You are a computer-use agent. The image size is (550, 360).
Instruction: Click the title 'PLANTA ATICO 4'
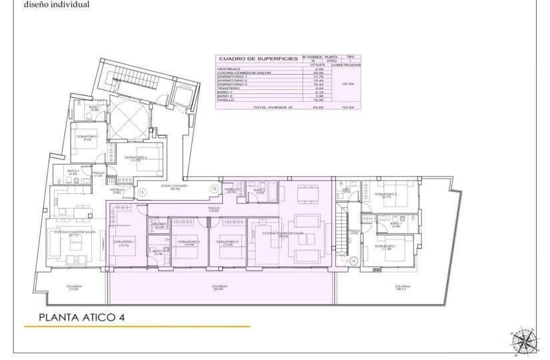pyautogui.click(x=81, y=317)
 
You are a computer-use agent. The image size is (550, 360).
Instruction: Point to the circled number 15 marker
pyautogui.click(x=141, y=192)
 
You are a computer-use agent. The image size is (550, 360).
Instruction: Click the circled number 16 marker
pyautogui.click(x=214, y=189)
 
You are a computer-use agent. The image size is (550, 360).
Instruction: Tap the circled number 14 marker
pyautogui.click(x=353, y=260)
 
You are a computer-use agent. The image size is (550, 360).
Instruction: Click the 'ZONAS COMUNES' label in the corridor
pyautogui.click(x=175, y=187)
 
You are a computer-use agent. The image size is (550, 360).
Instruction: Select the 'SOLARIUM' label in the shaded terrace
pyautogui.click(x=217, y=287)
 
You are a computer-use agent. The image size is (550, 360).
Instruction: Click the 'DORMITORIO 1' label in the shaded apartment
pyautogui.click(x=124, y=242)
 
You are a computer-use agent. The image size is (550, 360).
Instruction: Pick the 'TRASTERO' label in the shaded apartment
pyautogui.click(x=158, y=225)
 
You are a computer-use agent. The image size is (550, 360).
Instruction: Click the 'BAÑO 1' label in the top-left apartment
pyautogui.click(x=94, y=107)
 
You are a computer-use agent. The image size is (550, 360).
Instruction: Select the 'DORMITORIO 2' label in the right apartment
pyautogui.click(x=386, y=195)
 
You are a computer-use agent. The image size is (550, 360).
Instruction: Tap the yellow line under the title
pyautogui.click(x=137, y=327)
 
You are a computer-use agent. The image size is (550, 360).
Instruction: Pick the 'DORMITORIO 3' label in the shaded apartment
pyautogui.click(x=228, y=242)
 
